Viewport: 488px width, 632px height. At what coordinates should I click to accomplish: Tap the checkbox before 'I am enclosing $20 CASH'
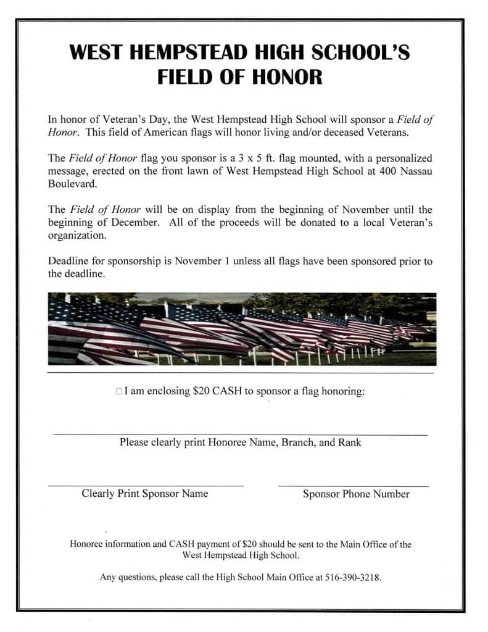click(x=118, y=392)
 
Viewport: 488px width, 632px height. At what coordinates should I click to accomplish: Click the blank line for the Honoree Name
click(x=241, y=434)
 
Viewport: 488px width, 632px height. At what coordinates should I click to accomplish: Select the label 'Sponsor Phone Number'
click(x=356, y=494)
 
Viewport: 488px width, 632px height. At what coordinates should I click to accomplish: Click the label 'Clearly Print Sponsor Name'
click(x=145, y=493)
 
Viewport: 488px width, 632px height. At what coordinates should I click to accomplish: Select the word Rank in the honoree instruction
click(x=350, y=442)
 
